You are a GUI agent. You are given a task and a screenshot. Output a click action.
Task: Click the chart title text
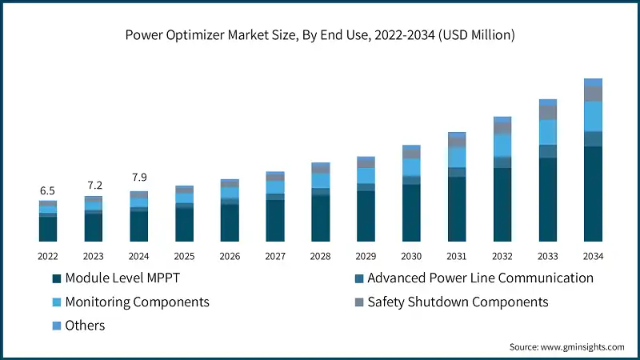point(319,35)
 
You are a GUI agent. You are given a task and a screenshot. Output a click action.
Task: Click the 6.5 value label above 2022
point(47,191)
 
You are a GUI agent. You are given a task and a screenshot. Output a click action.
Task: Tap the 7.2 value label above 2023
point(94,186)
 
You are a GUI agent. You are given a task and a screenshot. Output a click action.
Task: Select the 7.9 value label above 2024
point(138,178)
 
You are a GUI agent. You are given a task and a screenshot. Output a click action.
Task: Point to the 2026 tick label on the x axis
point(230,256)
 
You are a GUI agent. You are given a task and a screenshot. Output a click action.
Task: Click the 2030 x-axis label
point(411,256)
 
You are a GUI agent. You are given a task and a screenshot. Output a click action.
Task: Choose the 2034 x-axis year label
point(593,256)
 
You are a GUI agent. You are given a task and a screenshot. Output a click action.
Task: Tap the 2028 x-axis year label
point(320,256)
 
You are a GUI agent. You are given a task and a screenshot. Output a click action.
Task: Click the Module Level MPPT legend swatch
point(56,278)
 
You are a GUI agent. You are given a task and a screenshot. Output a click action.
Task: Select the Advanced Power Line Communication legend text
point(480,278)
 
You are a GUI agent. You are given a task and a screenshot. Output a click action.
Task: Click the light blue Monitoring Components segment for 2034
point(593,116)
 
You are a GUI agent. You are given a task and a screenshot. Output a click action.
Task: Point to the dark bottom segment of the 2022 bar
point(48,229)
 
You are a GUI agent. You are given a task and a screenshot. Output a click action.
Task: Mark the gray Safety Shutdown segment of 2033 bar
point(547,113)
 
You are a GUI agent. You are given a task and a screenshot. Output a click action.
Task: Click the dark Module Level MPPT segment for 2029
point(366,216)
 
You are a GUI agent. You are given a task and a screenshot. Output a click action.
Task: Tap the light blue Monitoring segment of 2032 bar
point(502,145)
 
